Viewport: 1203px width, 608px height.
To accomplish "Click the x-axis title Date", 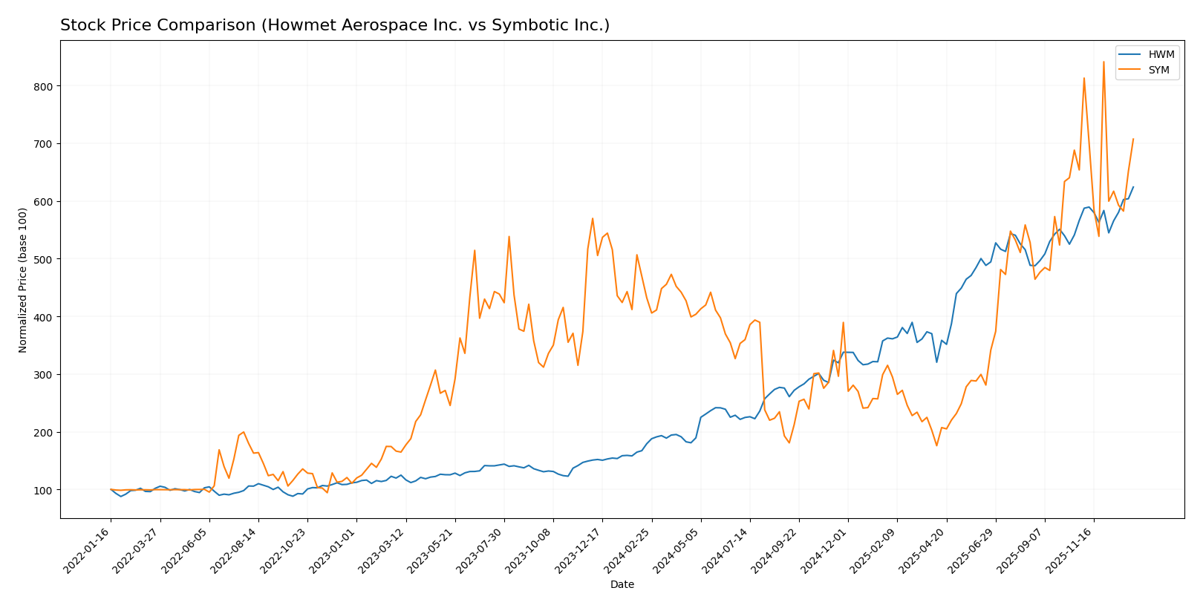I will click(x=622, y=585).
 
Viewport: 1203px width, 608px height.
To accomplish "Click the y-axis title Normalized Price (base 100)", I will click(x=23, y=280).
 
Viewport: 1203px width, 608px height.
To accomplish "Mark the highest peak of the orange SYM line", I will click(x=1103, y=62).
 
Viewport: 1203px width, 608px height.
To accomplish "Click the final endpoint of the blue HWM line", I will click(x=1133, y=187).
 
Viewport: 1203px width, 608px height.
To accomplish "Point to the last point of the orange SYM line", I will click(x=1133, y=139).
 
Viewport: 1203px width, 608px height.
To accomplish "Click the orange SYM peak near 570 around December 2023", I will click(x=593, y=218).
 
